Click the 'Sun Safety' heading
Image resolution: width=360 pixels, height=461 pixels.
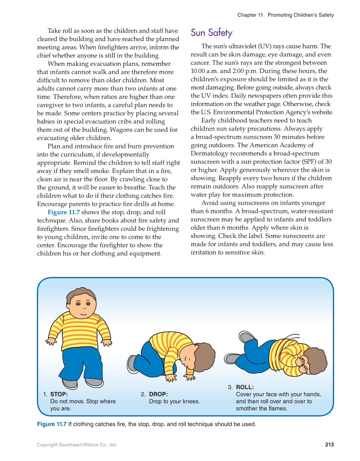211,33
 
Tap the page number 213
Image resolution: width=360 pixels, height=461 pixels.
329,444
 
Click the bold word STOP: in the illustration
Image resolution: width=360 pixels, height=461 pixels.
59,394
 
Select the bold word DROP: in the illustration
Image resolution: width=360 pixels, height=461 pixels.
158,394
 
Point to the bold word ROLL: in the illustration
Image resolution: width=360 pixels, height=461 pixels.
245,387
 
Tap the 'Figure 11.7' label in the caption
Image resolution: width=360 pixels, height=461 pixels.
52,424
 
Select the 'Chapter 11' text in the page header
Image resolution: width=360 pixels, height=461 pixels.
250,15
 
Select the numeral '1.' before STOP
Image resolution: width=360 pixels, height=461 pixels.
45,394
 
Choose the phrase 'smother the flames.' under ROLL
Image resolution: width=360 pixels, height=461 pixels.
261,408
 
